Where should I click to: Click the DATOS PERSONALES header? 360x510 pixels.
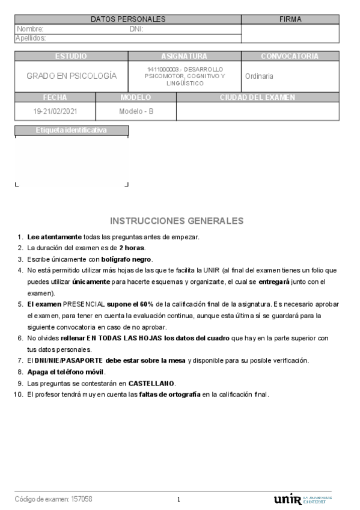(127, 19)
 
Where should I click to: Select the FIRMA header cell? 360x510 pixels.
(290, 19)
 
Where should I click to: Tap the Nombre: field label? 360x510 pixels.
(30, 29)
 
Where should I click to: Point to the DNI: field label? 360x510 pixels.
(136, 29)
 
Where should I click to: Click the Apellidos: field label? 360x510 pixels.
(31, 38)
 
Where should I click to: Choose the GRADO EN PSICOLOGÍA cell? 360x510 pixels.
(71, 76)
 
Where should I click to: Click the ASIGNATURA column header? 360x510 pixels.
(184, 56)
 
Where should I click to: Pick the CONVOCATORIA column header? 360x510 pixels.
(290, 56)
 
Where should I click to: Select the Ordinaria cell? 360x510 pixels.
(259, 76)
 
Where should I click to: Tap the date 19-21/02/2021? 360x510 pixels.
(55, 111)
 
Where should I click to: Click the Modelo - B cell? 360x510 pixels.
(136, 111)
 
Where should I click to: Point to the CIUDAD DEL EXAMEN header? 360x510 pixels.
(257, 97)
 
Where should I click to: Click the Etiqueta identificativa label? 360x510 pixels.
(71, 130)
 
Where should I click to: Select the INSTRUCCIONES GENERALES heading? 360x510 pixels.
(177, 221)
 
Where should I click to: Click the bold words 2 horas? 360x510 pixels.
(132, 248)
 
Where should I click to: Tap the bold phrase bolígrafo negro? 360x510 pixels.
(126, 259)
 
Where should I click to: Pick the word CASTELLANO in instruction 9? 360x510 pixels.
(151, 383)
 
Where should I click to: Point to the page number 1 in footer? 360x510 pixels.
(178, 500)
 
